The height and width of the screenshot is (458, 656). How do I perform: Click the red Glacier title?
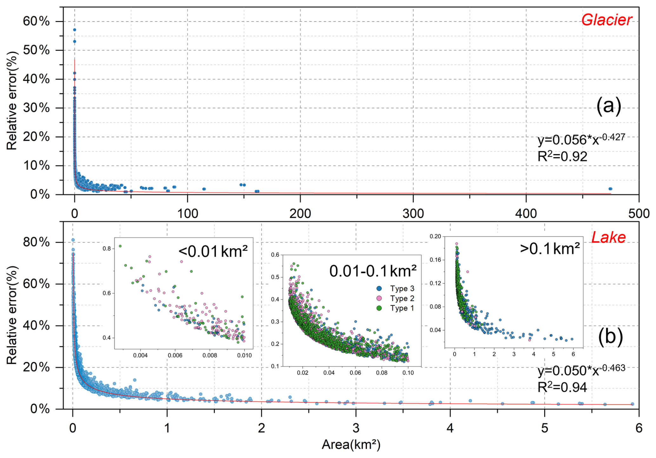[606, 20]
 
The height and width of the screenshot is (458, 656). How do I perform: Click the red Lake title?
[608, 237]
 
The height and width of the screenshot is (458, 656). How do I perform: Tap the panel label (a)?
[608, 106]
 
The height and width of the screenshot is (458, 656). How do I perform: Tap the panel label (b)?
[610, 337]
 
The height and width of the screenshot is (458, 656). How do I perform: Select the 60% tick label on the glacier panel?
[36, 22]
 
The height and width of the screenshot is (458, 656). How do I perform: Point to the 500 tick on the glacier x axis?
[639, 213]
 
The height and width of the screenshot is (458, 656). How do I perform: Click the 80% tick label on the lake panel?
[36, 242]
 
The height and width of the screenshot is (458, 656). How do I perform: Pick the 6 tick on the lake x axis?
[639, 428]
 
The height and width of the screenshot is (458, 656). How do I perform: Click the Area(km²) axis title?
[351, 445]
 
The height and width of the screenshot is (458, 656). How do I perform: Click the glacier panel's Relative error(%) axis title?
[12, 101]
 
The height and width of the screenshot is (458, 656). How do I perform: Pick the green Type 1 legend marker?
[379, 308]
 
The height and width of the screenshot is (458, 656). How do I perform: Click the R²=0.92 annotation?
[562, 156]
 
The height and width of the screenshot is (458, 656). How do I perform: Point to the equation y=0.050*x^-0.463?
[581, 370]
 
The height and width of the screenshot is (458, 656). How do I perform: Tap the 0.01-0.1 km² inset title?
[373, 271]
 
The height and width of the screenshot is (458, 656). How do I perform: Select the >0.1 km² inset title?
[550, 249]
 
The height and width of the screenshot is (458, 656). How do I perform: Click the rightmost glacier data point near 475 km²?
[610, 189]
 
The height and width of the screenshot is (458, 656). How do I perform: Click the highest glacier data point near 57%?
[75, 30]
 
